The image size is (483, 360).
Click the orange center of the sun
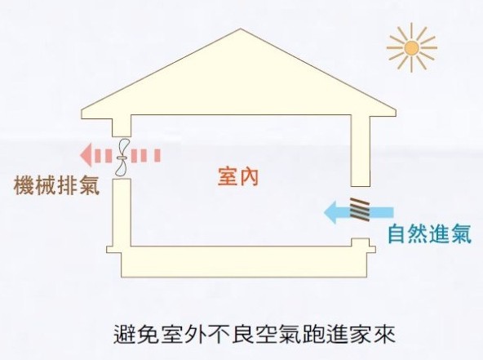point(411,48)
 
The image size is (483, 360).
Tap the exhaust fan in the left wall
point(122,158)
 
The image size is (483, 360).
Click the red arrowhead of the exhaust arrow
point(86,155)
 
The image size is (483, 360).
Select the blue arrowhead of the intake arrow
point(330,211)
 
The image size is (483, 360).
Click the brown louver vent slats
point(360,209)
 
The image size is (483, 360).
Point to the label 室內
point(237,177)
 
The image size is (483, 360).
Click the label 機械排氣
point(56,185)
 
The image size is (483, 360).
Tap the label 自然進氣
point(429,234)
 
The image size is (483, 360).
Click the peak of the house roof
point(241,29)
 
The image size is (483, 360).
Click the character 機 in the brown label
point(24,185)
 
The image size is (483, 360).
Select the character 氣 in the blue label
point(462,234)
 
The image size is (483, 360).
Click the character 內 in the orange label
point(248,177)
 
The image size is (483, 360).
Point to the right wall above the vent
point(361,150)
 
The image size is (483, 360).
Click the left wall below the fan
point(122,212)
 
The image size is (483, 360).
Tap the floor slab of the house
point(243,261)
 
